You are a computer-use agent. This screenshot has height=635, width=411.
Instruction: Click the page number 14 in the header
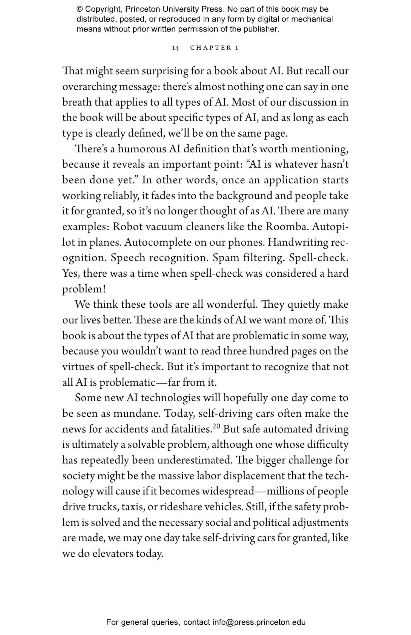coord(175,48)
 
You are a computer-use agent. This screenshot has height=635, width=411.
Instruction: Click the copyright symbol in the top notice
coord(79,9)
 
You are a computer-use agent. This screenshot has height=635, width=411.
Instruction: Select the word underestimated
coord(194,460)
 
